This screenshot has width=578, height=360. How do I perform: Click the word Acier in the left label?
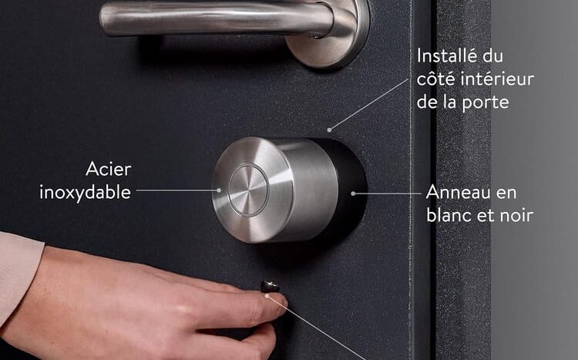pyautogui.click(x=108, y=168)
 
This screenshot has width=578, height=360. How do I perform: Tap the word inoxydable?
pyautogui.click(x=85, y=191)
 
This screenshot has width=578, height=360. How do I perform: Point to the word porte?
pyautogui.click(x=486, y=102)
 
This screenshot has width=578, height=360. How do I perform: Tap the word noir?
pyautogui.click(x=517, y=215)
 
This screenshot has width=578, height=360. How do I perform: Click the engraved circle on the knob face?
pyautogui.click(x=248, y=190)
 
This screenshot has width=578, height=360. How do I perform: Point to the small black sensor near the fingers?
pyautogui.click(x=270, y=287)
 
